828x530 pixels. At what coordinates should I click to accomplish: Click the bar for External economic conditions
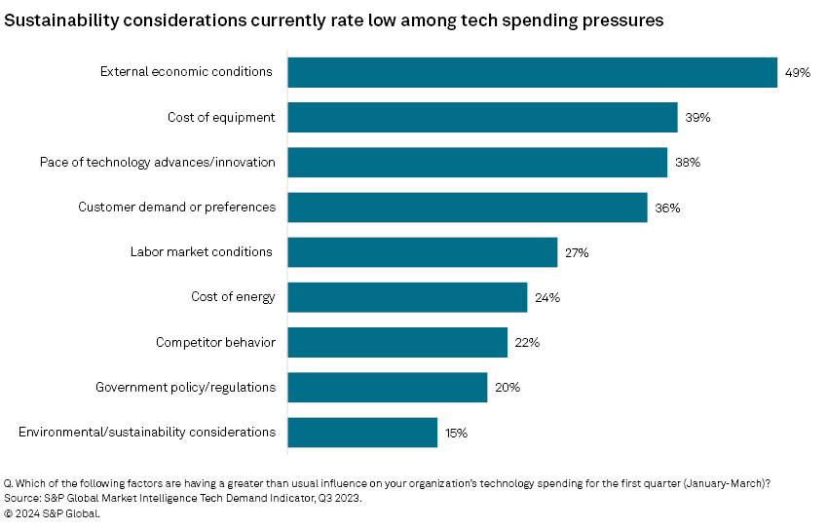tap(532, 73)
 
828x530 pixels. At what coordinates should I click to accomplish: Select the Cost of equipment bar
tap(482, 118)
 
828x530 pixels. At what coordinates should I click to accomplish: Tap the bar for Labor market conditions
tap(422, 252)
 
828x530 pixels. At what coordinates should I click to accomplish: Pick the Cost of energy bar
tap(407, 297)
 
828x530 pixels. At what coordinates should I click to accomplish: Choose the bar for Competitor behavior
tap(397, 342)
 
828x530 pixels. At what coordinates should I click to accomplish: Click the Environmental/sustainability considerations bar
tap(362, 432)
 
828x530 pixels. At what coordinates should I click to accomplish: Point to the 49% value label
tap(798, 73)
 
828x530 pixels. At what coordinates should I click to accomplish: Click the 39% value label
tap(697, 118)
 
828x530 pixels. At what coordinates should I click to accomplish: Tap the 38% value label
tap(687, 163)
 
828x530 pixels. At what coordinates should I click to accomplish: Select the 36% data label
tap(667, 208)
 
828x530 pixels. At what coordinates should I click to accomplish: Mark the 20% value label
tap(507, 387)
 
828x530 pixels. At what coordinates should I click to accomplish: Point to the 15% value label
tap(457, 432)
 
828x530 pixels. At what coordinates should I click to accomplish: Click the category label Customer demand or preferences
tap(176, 207)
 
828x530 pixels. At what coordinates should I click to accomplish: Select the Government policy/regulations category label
tap(185, 387)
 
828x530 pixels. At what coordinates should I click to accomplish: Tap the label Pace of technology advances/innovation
tap(158, 162)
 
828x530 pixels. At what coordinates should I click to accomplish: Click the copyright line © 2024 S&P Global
tap(53, 514)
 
